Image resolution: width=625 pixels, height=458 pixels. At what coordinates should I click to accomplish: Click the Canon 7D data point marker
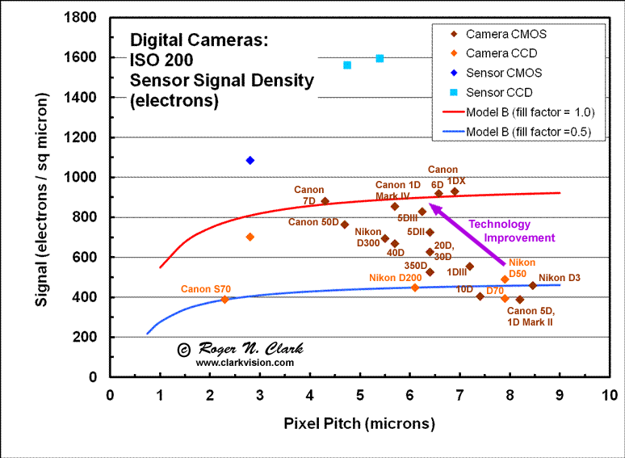point(325,201)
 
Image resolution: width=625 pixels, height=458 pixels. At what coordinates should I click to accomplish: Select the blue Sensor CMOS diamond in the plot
point(250,161)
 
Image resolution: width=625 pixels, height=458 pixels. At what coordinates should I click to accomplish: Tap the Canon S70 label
point(206,288)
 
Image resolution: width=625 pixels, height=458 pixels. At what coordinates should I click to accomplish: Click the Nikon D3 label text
point(559,278)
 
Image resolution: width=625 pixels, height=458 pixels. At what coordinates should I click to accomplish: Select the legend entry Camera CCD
point(501,53)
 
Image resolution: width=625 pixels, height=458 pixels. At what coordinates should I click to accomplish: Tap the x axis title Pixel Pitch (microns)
point(359,423)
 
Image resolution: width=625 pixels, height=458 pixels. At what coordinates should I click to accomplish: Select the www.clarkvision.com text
point(244,363)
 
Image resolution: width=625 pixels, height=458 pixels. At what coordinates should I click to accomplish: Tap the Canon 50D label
point(312,222)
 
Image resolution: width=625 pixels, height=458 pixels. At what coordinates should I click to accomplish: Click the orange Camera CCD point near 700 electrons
point(250,237)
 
